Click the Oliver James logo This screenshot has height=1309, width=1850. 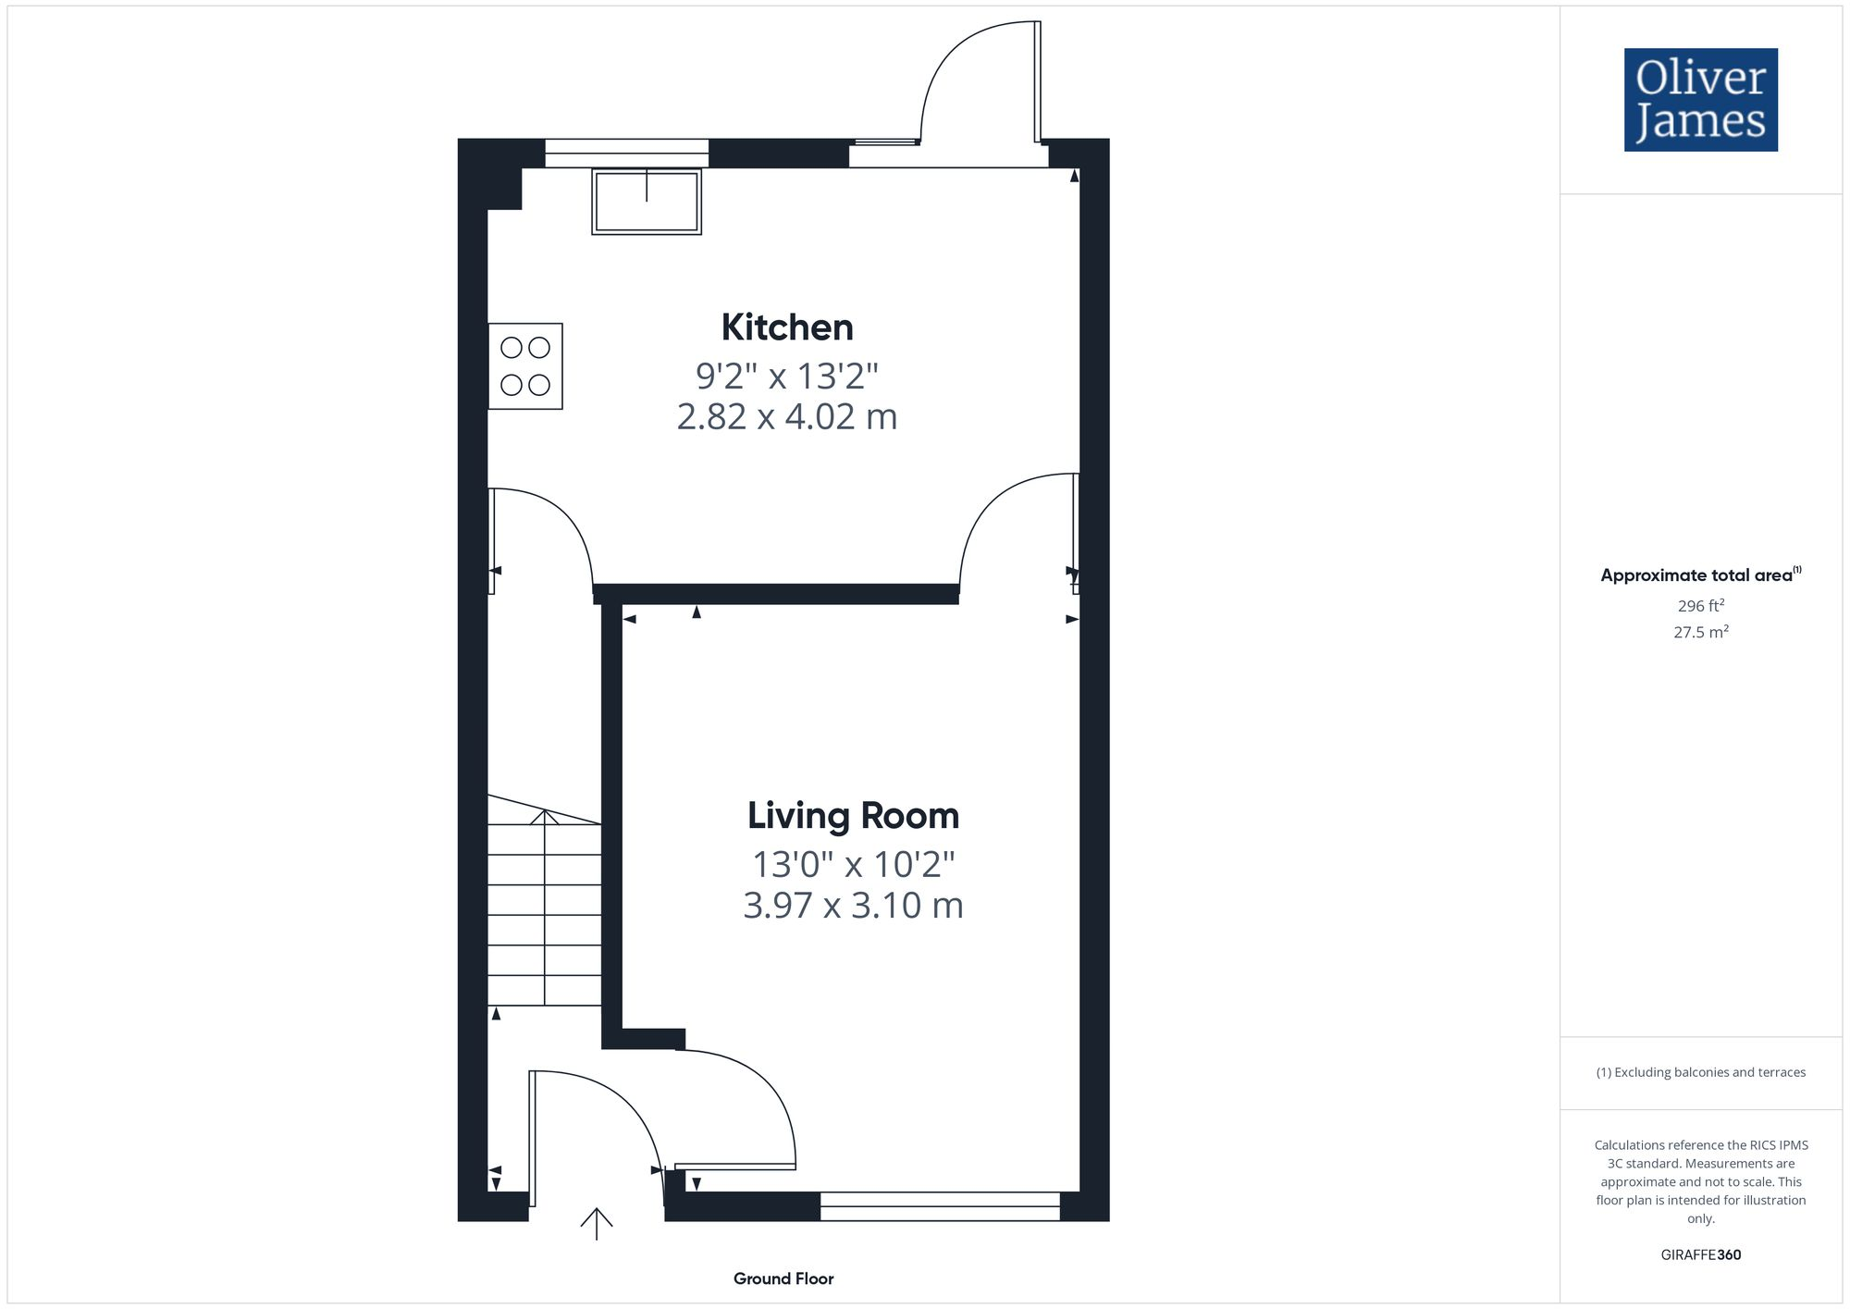pos(1700,100)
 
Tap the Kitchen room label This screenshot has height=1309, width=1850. pos(787,327)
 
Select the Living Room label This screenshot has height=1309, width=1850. pos(853,816)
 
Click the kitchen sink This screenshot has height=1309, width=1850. pos(647,201)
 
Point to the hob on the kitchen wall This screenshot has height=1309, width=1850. pos(525,366)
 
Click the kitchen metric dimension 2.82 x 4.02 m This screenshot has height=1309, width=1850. pos(787,417)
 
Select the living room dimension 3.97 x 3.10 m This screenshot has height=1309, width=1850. pos(853,906)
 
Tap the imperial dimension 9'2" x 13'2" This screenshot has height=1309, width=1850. pos(787,377)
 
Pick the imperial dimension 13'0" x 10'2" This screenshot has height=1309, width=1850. pos(853,865)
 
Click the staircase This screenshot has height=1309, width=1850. pos(545,911)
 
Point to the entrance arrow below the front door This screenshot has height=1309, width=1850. pos(597,1223)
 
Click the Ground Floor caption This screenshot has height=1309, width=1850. pos(783,1278)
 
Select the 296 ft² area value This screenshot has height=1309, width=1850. pos(1700,606)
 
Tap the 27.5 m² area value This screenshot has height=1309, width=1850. pos(1700,633)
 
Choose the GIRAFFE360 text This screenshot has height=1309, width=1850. pos(1700,1254)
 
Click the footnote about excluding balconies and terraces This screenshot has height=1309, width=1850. pos(1700,1072)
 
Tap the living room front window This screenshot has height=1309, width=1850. pos(940,1206)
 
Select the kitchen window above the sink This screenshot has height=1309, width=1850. pos(626,153)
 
